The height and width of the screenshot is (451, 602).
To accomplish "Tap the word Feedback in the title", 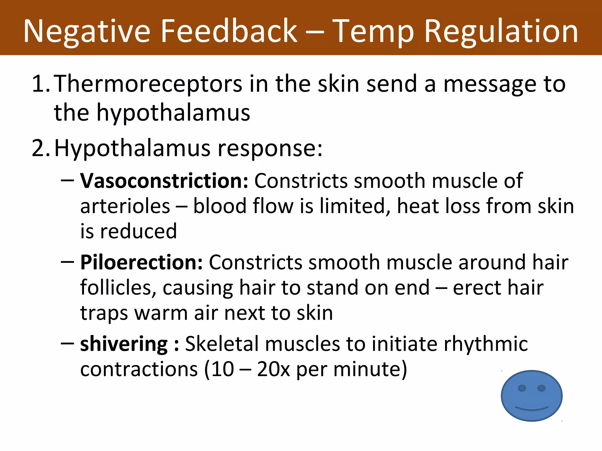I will [x=229, y=31].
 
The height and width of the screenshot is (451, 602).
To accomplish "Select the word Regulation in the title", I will [x=501, y=31].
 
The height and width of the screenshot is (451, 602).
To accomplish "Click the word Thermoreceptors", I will [x=148, y=84].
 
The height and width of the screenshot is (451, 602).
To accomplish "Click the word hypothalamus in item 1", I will [x=173, y=113].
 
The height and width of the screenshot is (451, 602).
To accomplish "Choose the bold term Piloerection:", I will [x=141, y=262].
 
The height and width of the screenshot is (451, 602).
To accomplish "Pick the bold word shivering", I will [x=124, y=344].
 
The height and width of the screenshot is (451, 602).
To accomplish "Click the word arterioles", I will [x=125, y=206].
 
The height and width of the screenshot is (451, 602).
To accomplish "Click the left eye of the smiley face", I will [x=522, y=388].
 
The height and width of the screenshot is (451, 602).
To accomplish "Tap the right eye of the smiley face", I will [x=541, y=388].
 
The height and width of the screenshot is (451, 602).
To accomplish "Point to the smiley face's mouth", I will [x=532, y=408].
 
